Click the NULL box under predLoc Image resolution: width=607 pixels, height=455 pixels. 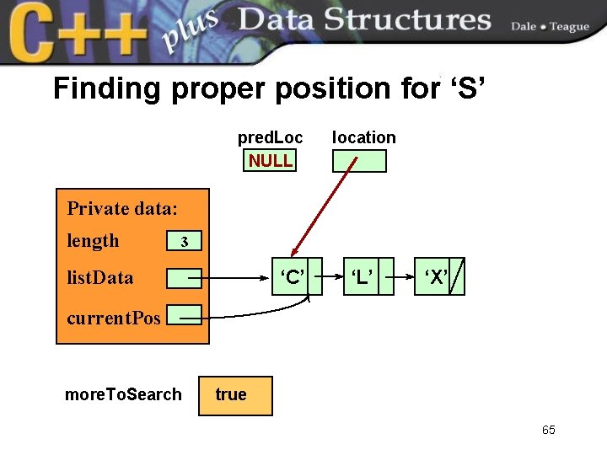click(x=271, y=160)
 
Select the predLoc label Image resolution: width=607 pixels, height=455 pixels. click(x=270, y=137)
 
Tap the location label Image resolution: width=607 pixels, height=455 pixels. click(x=363, y=137)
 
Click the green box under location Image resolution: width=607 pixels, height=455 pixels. click(x=359, y=161)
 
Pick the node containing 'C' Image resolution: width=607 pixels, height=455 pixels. click(x=291, y=277)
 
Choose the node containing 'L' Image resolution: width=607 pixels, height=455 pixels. click(x=363, y=277)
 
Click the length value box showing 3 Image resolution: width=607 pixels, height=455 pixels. click(x=185, y=242)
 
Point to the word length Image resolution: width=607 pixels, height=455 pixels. click(x=93, y=241)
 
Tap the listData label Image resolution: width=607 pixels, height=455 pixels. click(x=99, y=277)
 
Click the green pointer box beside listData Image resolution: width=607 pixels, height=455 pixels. click(x=184, y=277)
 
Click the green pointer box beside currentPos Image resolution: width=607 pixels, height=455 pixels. click(x=184, y=316)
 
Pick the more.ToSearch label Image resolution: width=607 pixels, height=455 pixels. click(x=123, y=394)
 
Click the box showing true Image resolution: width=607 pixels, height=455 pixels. click(x=235, y=395)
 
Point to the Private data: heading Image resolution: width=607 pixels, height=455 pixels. click(x=122, y=208)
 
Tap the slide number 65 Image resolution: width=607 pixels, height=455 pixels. click(x=549, y=431)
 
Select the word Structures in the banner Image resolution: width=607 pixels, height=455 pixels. click(x=420, y=20)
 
